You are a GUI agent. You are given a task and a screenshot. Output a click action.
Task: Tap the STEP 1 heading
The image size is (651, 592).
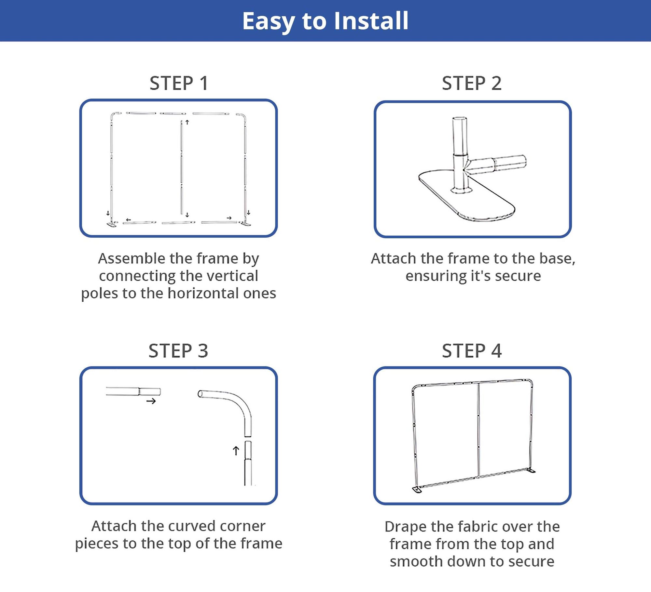(179, 83)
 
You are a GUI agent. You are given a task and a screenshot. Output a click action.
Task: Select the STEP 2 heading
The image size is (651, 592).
(472, 83)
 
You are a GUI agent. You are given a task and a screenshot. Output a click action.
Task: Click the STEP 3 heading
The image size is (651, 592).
(178, 351)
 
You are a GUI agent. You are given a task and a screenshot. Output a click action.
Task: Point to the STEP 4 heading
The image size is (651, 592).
(472, 351)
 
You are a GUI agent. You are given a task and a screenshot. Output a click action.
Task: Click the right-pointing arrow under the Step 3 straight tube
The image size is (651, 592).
(151, 401)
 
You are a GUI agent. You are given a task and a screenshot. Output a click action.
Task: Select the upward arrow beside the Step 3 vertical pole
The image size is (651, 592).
(236, 451)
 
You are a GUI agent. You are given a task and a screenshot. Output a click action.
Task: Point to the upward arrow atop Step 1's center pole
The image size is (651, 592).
(187, 122)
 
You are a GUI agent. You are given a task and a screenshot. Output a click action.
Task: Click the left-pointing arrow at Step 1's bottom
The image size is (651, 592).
(129, 220)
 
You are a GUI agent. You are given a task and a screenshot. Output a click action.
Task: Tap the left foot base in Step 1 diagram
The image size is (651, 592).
(112, 224)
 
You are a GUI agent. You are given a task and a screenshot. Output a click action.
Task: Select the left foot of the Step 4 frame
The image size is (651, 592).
(417, 489)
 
